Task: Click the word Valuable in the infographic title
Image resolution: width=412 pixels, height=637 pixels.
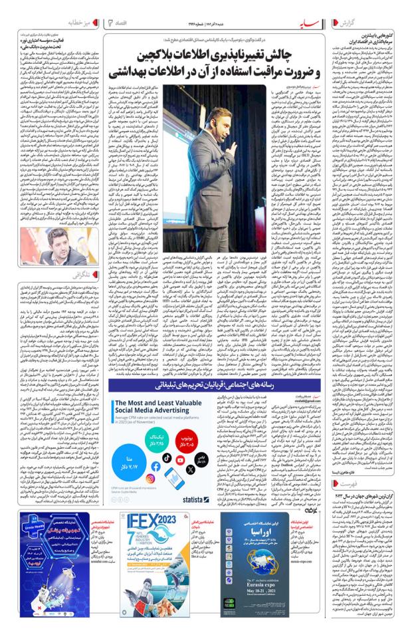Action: (206, 403)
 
